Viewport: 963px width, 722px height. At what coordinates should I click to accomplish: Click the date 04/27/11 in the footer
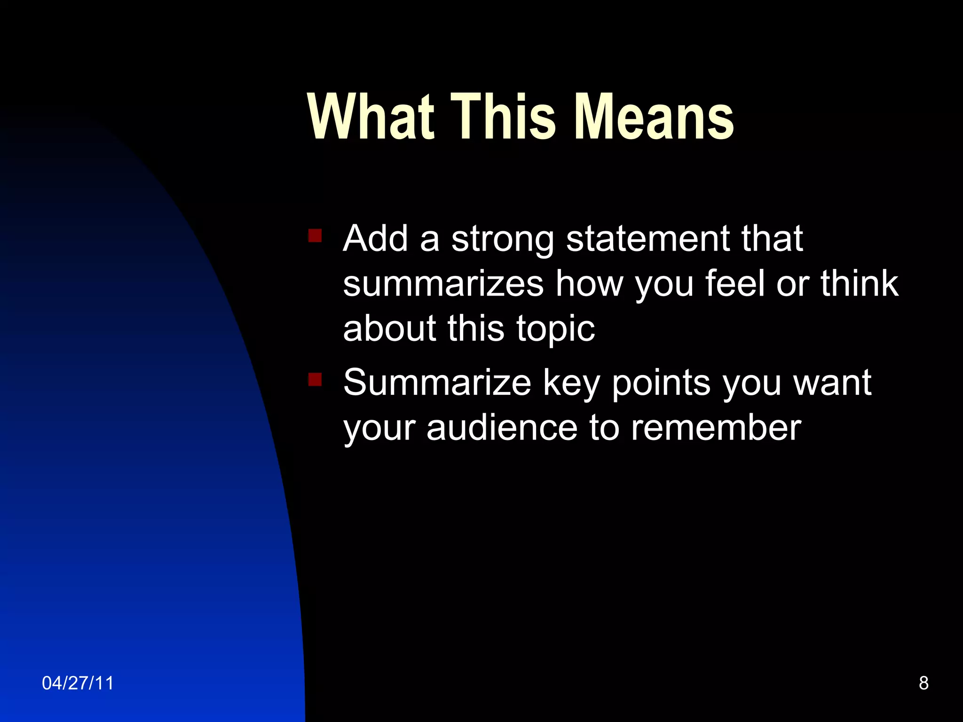coord(78,683)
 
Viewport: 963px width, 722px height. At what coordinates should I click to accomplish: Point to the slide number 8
coord(924,683)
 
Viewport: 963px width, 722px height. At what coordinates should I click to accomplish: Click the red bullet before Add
coord(315,235)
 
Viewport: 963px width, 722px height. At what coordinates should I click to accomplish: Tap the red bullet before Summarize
coord(315,379)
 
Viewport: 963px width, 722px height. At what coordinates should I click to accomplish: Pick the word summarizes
coord(443,284)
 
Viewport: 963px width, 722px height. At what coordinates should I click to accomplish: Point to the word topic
coord(555,329)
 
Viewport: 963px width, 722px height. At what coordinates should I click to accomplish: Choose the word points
coord(662,384)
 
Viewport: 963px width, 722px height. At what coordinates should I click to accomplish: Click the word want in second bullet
coord(832,383)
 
